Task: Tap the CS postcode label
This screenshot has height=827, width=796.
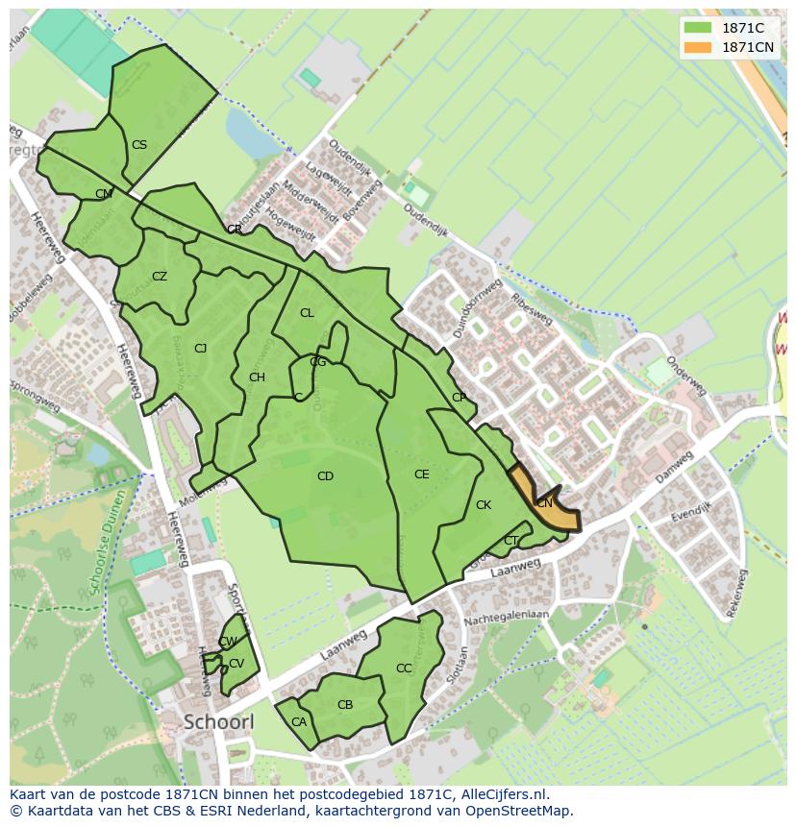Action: click(x=139, y=145)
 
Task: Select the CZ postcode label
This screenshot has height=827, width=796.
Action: click(x=160, y=277)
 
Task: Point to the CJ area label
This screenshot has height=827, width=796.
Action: click(x=200, y=349)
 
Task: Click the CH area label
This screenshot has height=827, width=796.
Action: click(x=257, y=377)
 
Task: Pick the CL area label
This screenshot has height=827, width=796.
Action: click(x=307, y=313)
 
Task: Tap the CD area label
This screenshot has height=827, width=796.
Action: click(x=325, y=476)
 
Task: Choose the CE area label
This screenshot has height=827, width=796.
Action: click(x=421, y=474)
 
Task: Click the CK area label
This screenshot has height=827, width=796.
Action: click(x=484, y=505)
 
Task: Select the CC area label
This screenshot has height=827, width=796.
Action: click(x=404, y=669)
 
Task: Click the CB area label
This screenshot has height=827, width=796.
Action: click(x=345, y=705)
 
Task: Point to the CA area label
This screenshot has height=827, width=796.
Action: click(x=299, y=722)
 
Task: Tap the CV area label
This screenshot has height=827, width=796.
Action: click(x=236, y=664)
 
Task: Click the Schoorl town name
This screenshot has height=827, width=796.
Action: click(x=218, y=721)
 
